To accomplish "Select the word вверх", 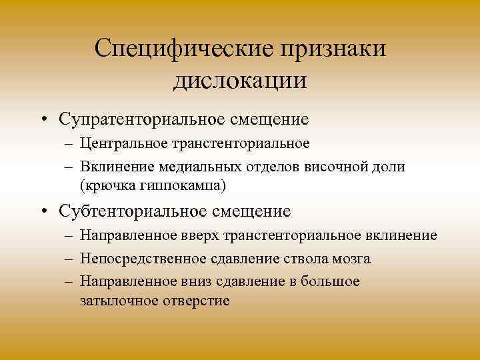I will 202,235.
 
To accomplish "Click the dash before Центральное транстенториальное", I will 69,143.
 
